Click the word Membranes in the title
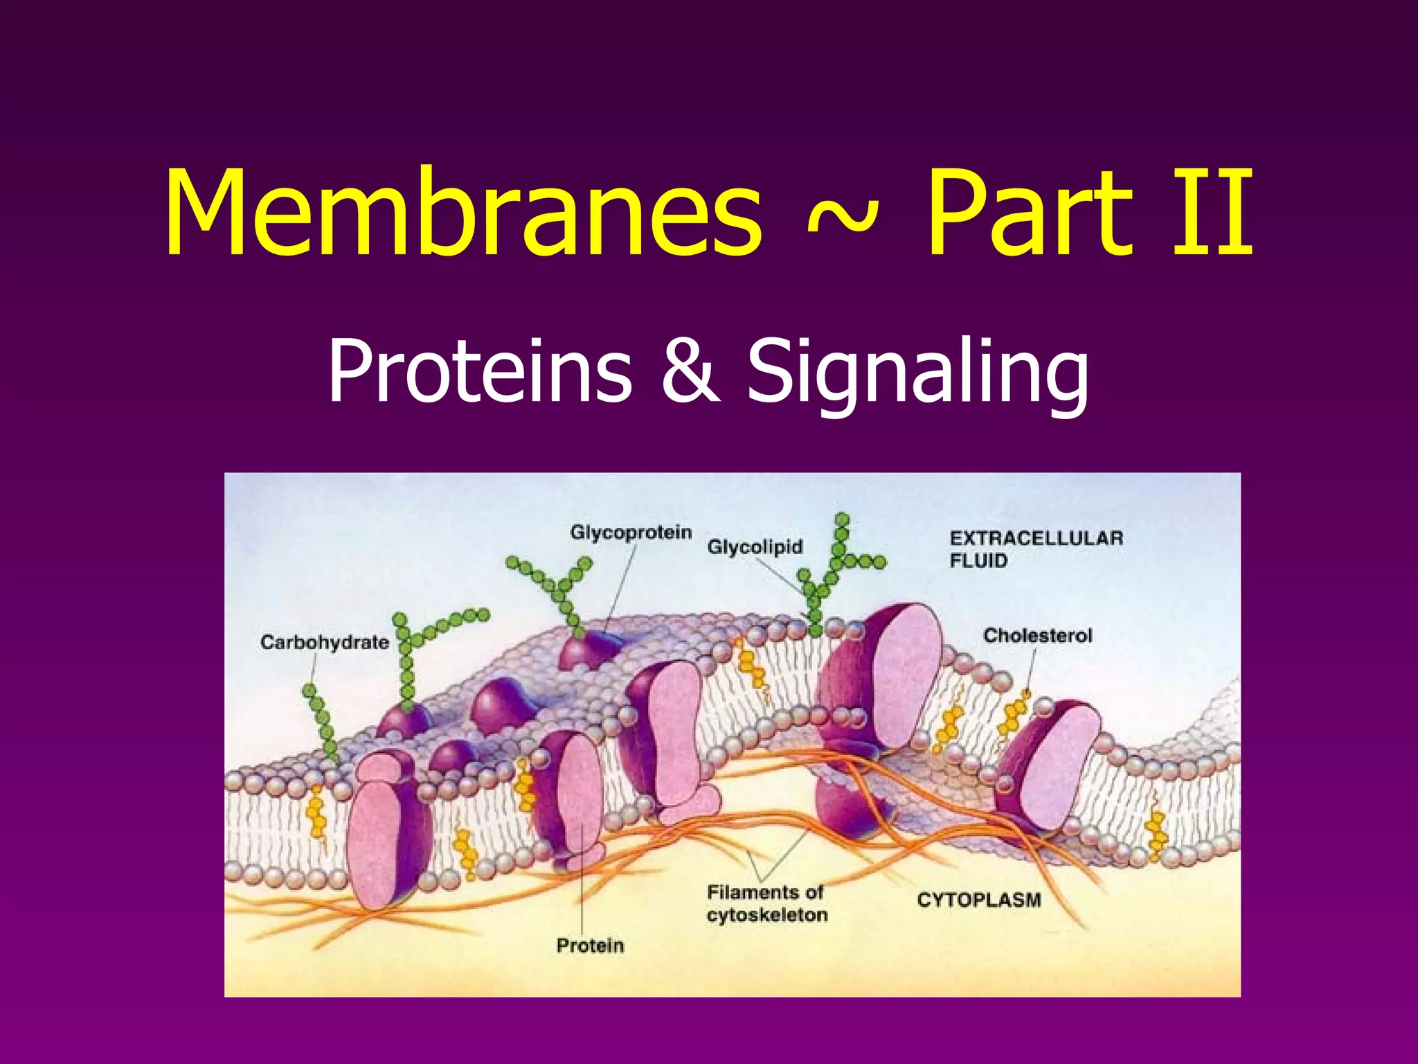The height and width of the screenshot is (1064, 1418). (463, 212)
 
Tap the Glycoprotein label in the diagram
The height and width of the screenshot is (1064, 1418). (631, 532)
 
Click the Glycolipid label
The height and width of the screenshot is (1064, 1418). (755, 547)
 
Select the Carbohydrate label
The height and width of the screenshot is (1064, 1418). (324, 642)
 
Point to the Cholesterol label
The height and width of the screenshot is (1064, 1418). (1037, 635)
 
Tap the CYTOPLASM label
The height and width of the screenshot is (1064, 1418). (978, 900)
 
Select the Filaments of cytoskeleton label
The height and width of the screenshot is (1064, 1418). (766, 903)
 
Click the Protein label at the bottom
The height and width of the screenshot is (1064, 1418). (590, 945)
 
